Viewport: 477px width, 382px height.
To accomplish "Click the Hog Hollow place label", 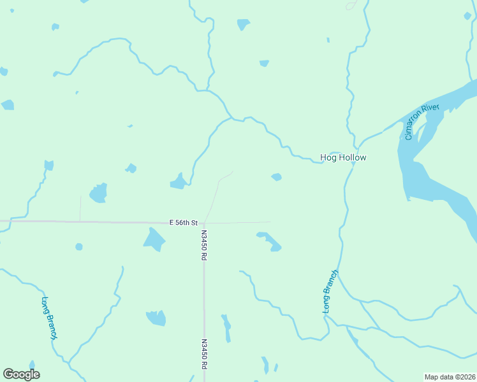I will [342, 157].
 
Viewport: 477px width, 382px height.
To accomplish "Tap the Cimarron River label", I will [422, 122].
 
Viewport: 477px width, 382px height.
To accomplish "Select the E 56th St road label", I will [184, 222].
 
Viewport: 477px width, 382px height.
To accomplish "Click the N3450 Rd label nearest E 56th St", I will [203, 244].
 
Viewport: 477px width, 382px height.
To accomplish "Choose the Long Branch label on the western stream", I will [50, 317].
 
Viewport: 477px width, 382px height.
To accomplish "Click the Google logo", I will [21, 374].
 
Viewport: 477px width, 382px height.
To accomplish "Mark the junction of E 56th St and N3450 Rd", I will [203, 223].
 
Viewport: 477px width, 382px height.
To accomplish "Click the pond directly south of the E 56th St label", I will [154, 239].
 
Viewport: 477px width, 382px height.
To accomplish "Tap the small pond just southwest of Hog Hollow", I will [276, 177].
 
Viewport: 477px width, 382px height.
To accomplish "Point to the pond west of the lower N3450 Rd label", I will [156, 318].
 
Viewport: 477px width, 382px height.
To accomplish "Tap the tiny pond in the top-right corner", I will [467, 16].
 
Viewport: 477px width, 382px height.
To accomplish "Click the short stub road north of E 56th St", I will [80, 208].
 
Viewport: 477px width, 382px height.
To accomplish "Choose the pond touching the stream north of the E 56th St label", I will [178, 183].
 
